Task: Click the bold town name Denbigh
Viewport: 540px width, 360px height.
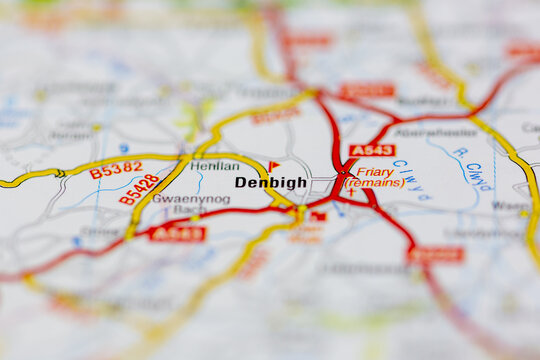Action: point(270,183)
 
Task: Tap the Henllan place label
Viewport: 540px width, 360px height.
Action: point(215,166)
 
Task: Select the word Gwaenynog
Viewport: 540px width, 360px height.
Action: point(191,199)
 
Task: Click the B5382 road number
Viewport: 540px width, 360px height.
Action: point(115,170)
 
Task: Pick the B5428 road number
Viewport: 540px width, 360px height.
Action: point(139,189)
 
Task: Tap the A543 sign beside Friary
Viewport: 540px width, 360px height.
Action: point(372,151)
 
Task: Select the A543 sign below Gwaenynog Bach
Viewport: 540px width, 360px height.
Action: point(177,234)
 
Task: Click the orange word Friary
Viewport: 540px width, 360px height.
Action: point(376,172)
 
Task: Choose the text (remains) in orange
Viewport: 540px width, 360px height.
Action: point(375,183)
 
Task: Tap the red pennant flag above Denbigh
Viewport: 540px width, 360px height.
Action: point(273,167)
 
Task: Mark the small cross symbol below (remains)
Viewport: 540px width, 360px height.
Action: point(351,192)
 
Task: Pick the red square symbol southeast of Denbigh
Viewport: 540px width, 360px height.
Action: point(318,216)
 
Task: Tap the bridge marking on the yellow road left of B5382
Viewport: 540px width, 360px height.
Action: point(59,173)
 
